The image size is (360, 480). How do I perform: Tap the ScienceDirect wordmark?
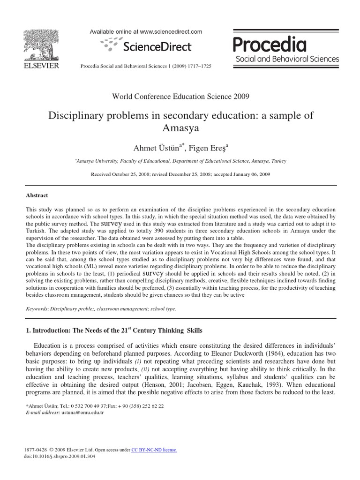(157, 46)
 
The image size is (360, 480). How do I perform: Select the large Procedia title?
(270, 45)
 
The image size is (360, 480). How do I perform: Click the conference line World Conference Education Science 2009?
(180, 97)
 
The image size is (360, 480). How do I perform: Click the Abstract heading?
(37, 195)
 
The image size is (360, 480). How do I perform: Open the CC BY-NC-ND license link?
(154, 450)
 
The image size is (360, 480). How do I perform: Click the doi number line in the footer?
(60, 456)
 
